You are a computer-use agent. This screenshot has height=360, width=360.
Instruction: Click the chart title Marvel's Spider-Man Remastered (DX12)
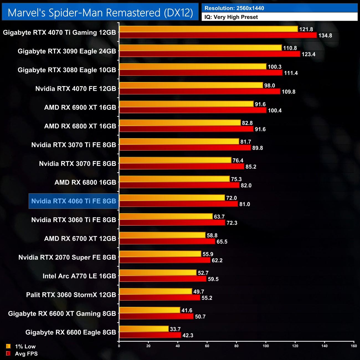click(x=100, y=13)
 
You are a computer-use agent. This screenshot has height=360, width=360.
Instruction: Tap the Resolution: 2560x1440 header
click(x=234, y=8)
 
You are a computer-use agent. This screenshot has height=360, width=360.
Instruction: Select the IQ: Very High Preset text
click(x=231, y=17)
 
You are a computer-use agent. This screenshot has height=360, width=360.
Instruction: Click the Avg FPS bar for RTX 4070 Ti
click(x=218, y=35)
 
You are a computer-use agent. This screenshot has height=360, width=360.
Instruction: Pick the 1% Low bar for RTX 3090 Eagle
click(x=200, y=48)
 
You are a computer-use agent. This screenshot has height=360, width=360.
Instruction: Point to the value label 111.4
click(x=291, y=73)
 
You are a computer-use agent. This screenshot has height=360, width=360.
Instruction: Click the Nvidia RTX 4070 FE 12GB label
click(x=76, y=89)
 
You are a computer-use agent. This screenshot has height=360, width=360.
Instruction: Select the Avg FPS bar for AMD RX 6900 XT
click(x=193, y=110)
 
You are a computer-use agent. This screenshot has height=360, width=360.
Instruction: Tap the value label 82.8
click(x=247, y=123)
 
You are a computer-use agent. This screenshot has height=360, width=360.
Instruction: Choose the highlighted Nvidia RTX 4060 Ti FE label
click(x=74, y=201)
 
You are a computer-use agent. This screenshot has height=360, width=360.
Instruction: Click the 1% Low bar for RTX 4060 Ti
click(x=172, y=198)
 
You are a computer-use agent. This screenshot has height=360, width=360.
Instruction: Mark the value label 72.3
click(x=232, y=223)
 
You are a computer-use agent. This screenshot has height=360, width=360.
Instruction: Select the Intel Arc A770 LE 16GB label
click(x=79, y=276)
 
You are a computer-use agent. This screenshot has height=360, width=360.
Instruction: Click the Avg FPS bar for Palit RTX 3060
click(x=160, y=298)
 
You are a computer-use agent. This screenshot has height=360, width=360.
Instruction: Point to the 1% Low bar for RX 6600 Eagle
click(x=144, y=329)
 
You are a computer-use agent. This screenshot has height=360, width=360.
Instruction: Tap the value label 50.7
click(x=200, y=317)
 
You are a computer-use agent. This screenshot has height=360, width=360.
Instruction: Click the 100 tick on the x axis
click(x=266, y=346)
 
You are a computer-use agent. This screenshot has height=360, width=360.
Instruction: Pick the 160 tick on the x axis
click(x=354, y=346)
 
